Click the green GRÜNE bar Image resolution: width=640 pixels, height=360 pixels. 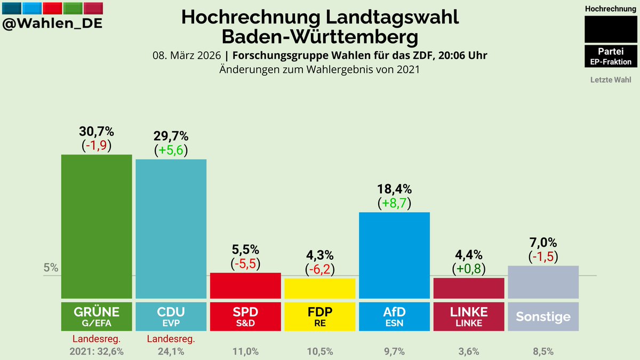tap(96, 227)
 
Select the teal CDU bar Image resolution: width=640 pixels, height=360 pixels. tap(171, 229)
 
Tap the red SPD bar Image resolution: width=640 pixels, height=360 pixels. tap(245, 285)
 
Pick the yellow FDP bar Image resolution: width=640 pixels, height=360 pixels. tap(320, 288)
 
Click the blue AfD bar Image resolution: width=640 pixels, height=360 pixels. tap(394, 255)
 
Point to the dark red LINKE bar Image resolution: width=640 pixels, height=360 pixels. tap(469, 288)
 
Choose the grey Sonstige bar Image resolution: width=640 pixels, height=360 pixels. tap(543, 282)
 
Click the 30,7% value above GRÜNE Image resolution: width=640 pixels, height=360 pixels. tap(96, 132)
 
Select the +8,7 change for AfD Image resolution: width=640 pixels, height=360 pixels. tap(394, 203)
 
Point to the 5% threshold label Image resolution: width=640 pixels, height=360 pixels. tap(51, 268)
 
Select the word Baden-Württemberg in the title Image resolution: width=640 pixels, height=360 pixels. tap(319, 37)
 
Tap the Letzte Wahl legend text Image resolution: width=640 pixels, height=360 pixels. tap(611, 80)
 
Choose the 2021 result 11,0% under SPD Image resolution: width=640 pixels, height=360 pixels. tap(245, 351)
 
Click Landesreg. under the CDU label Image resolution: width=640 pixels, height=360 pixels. tap(171, 338)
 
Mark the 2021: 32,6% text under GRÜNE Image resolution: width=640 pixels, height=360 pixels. tap(96, 351)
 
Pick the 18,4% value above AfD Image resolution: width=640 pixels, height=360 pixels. tap(394, 189)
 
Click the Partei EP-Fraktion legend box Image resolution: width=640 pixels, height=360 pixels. tap(611, 56)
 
